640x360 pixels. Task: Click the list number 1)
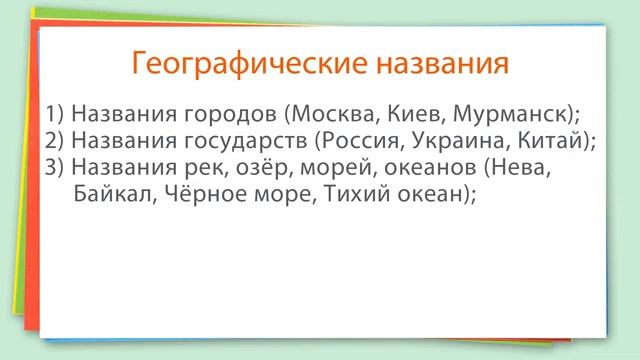pyautogui.click(x=55, y=111)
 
